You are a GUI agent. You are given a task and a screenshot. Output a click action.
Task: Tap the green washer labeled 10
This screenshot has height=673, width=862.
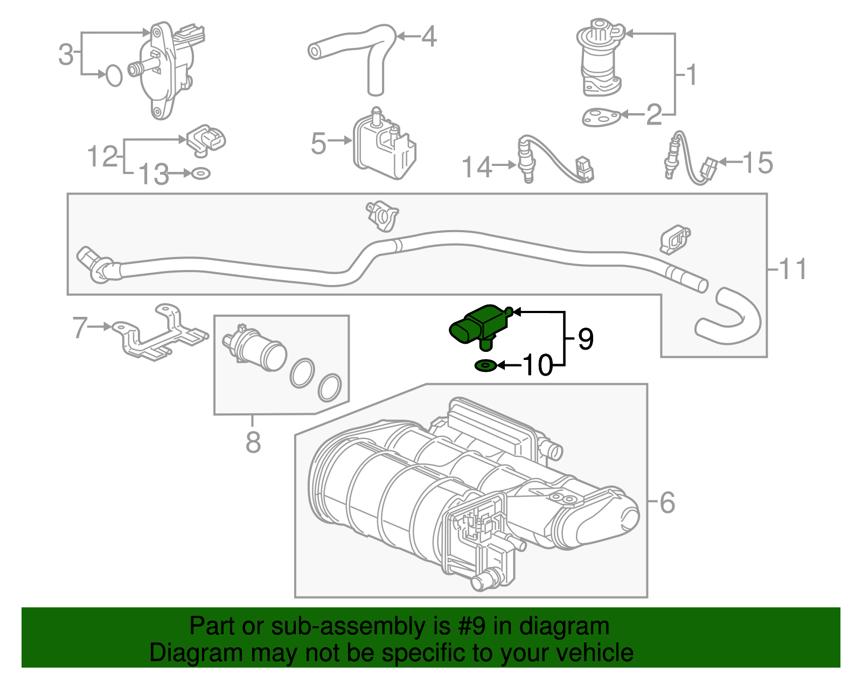tap(485, 366)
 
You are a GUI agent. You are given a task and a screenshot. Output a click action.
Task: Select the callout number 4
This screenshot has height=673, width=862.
tap(428, 37)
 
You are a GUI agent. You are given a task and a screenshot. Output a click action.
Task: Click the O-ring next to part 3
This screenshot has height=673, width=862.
tap(114, 75)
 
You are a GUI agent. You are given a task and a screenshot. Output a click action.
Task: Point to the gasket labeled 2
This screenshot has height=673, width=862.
tap(601, 117)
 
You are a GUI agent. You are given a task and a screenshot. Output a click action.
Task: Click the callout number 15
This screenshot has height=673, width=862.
tap(757, 162)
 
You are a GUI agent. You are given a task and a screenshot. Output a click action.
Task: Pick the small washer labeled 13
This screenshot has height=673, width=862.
tap(201, 174)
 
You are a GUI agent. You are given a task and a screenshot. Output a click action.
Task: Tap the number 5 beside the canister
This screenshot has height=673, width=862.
tap(318, 143)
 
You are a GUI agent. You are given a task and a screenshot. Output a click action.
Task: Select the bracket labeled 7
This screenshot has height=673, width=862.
tap(159, 334)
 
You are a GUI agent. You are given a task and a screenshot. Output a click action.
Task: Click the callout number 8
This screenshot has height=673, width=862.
tap(253, 442)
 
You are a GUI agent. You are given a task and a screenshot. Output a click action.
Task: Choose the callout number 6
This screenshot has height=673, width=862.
tap(667, 503)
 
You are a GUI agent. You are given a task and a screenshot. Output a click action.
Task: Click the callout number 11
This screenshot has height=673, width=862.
tap(793, 269)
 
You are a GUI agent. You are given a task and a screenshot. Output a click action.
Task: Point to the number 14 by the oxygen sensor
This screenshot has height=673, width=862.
tap(477, 167)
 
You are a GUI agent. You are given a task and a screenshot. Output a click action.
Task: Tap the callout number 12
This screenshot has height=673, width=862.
tap(102, 156)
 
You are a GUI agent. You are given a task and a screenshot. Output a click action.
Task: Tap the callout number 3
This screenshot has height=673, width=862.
tap(66, 54)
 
